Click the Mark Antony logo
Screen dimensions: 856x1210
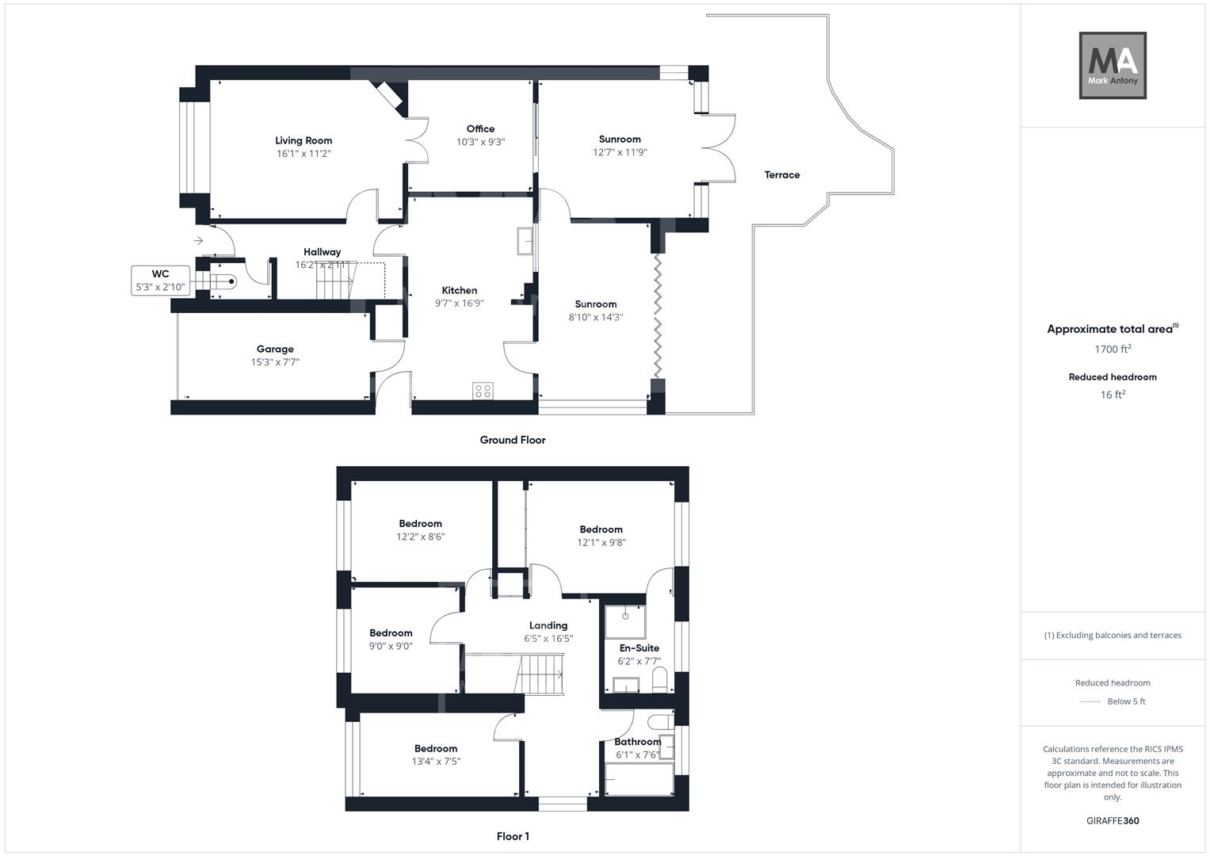tap(1113, 65)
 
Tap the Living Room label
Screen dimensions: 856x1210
tap(303, 140)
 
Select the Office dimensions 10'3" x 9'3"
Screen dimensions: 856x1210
tap(480, 143)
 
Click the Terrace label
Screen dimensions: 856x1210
tap(781, 175)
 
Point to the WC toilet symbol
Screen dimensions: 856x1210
tap(225, 281)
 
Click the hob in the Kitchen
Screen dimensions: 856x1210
tap(483, 390)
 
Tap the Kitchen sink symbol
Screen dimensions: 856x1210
tap(525, 241)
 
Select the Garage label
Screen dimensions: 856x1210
tap(275, 349)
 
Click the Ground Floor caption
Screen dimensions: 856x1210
tap(512, 440)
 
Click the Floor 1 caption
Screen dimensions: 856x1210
tap(512, 836)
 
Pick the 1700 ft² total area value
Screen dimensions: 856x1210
tap(1113, 350)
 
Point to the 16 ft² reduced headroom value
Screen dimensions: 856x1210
tap(1113, 395)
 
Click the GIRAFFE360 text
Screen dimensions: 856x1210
tap(1113, 821)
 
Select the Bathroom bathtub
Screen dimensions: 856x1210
tap(639, 780)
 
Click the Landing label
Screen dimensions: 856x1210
tap(548, 625)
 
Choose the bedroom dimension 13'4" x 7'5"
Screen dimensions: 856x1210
tap(436, 762)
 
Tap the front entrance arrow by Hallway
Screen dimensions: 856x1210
tap(198, 241)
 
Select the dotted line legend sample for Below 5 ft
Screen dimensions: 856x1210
tap(1090, 702)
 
